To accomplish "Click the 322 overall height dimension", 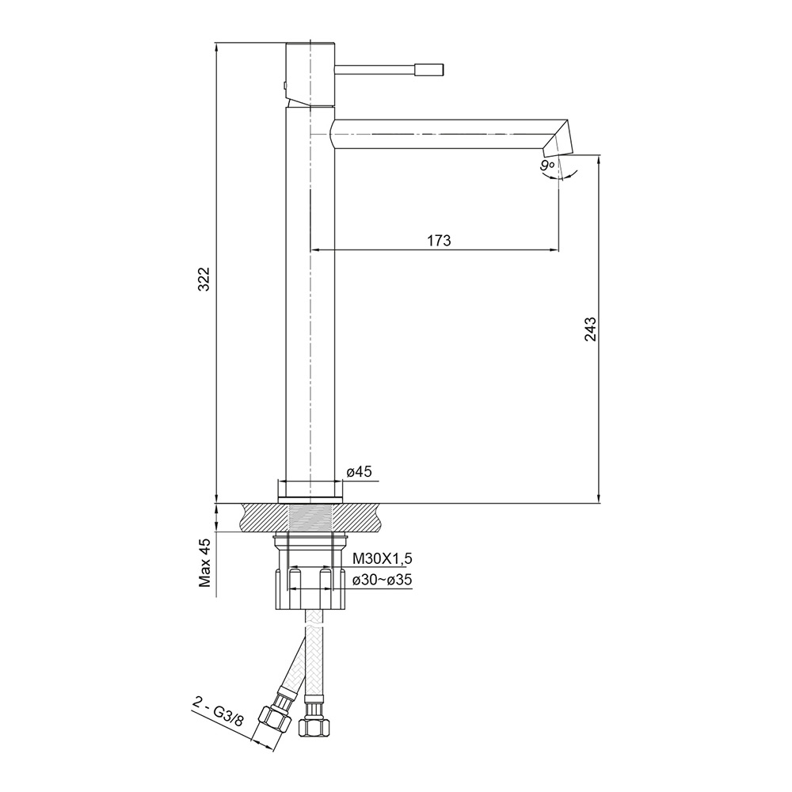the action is pos(204,279).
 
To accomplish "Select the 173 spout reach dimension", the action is pos(439,241).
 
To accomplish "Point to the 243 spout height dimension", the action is pos(591,329).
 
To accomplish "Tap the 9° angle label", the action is pos(547,166).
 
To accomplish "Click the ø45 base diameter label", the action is pos(359,472).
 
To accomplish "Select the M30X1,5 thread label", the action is pos(383,558).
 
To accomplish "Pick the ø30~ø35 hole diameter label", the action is pos(383,581).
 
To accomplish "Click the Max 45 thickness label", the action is pos(204,562).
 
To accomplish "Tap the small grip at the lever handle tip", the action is pos(429,70).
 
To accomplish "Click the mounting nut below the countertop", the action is pos(309,572).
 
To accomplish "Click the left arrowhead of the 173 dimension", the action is pos(314,249).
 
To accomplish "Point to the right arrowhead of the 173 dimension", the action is pos(554,249).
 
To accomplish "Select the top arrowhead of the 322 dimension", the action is pos(216,48).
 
